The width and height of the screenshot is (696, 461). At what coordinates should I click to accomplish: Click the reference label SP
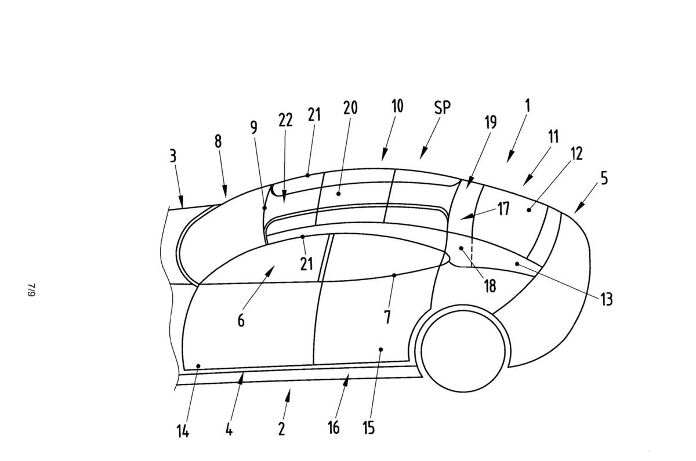442,108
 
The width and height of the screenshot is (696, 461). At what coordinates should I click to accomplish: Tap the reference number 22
285,121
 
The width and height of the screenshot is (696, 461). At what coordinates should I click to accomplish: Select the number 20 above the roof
350,108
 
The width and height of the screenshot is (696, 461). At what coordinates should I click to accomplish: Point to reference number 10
397,107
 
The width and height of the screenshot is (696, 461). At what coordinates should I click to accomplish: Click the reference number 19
490,123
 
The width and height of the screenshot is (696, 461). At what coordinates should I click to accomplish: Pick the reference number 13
606,299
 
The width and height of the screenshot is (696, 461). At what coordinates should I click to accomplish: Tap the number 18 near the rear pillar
490,286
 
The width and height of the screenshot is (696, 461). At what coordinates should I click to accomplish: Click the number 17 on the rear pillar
503,209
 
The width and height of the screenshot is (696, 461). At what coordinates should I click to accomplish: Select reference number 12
576,154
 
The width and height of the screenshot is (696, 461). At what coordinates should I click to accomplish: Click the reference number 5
604,178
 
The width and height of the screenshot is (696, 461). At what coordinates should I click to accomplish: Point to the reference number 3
173,156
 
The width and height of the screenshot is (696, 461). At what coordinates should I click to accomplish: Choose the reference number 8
218,141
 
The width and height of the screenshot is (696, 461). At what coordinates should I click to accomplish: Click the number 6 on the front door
241,320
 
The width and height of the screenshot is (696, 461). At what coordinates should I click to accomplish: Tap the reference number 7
387,317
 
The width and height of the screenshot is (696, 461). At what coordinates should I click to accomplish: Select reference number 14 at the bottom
183,432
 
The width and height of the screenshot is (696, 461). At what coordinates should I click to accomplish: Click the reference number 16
333,428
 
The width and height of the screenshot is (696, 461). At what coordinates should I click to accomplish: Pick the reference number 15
368,428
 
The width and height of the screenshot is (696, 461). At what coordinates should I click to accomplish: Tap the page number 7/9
31,290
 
